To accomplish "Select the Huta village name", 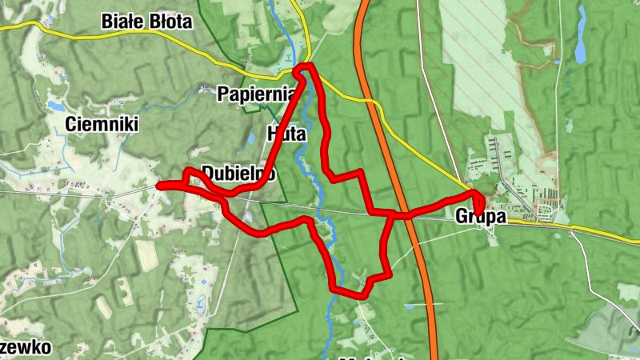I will [288, 132].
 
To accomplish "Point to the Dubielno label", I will [238, 173].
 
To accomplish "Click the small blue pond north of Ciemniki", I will [54, 105].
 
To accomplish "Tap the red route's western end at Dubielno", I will [158, 186].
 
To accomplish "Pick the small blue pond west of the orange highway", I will [410, 306].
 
